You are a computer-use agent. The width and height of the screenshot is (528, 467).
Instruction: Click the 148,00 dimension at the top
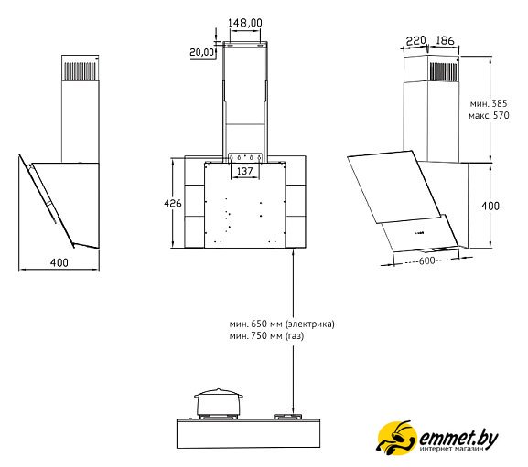pyautogui.click(x=245, y=23)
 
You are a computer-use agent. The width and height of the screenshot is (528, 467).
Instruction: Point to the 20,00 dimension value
pyautogui.click(x=201, y=52)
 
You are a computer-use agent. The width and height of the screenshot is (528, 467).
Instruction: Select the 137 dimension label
pyautogui.click(x=245, y=171)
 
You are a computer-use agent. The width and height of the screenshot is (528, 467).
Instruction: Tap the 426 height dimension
pyautogui.click(x=172, y=203)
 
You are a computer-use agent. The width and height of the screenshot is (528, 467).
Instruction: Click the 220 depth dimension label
pyautogui.click(x=415, y=41)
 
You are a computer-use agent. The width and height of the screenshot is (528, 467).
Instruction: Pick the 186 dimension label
pyautogui.click(x=445, y=41)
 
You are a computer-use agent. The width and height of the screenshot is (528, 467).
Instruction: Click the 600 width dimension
pyautogui.click(x=426, y=260)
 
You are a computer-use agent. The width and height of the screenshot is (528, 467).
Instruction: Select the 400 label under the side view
pyautogui.click(x=59, y=262)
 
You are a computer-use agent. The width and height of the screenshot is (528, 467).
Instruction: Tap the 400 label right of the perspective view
pyautogui.click(x=490, y=206)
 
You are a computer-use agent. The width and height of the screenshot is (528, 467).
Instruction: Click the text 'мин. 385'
pyautogui.click(x=489, y=103)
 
